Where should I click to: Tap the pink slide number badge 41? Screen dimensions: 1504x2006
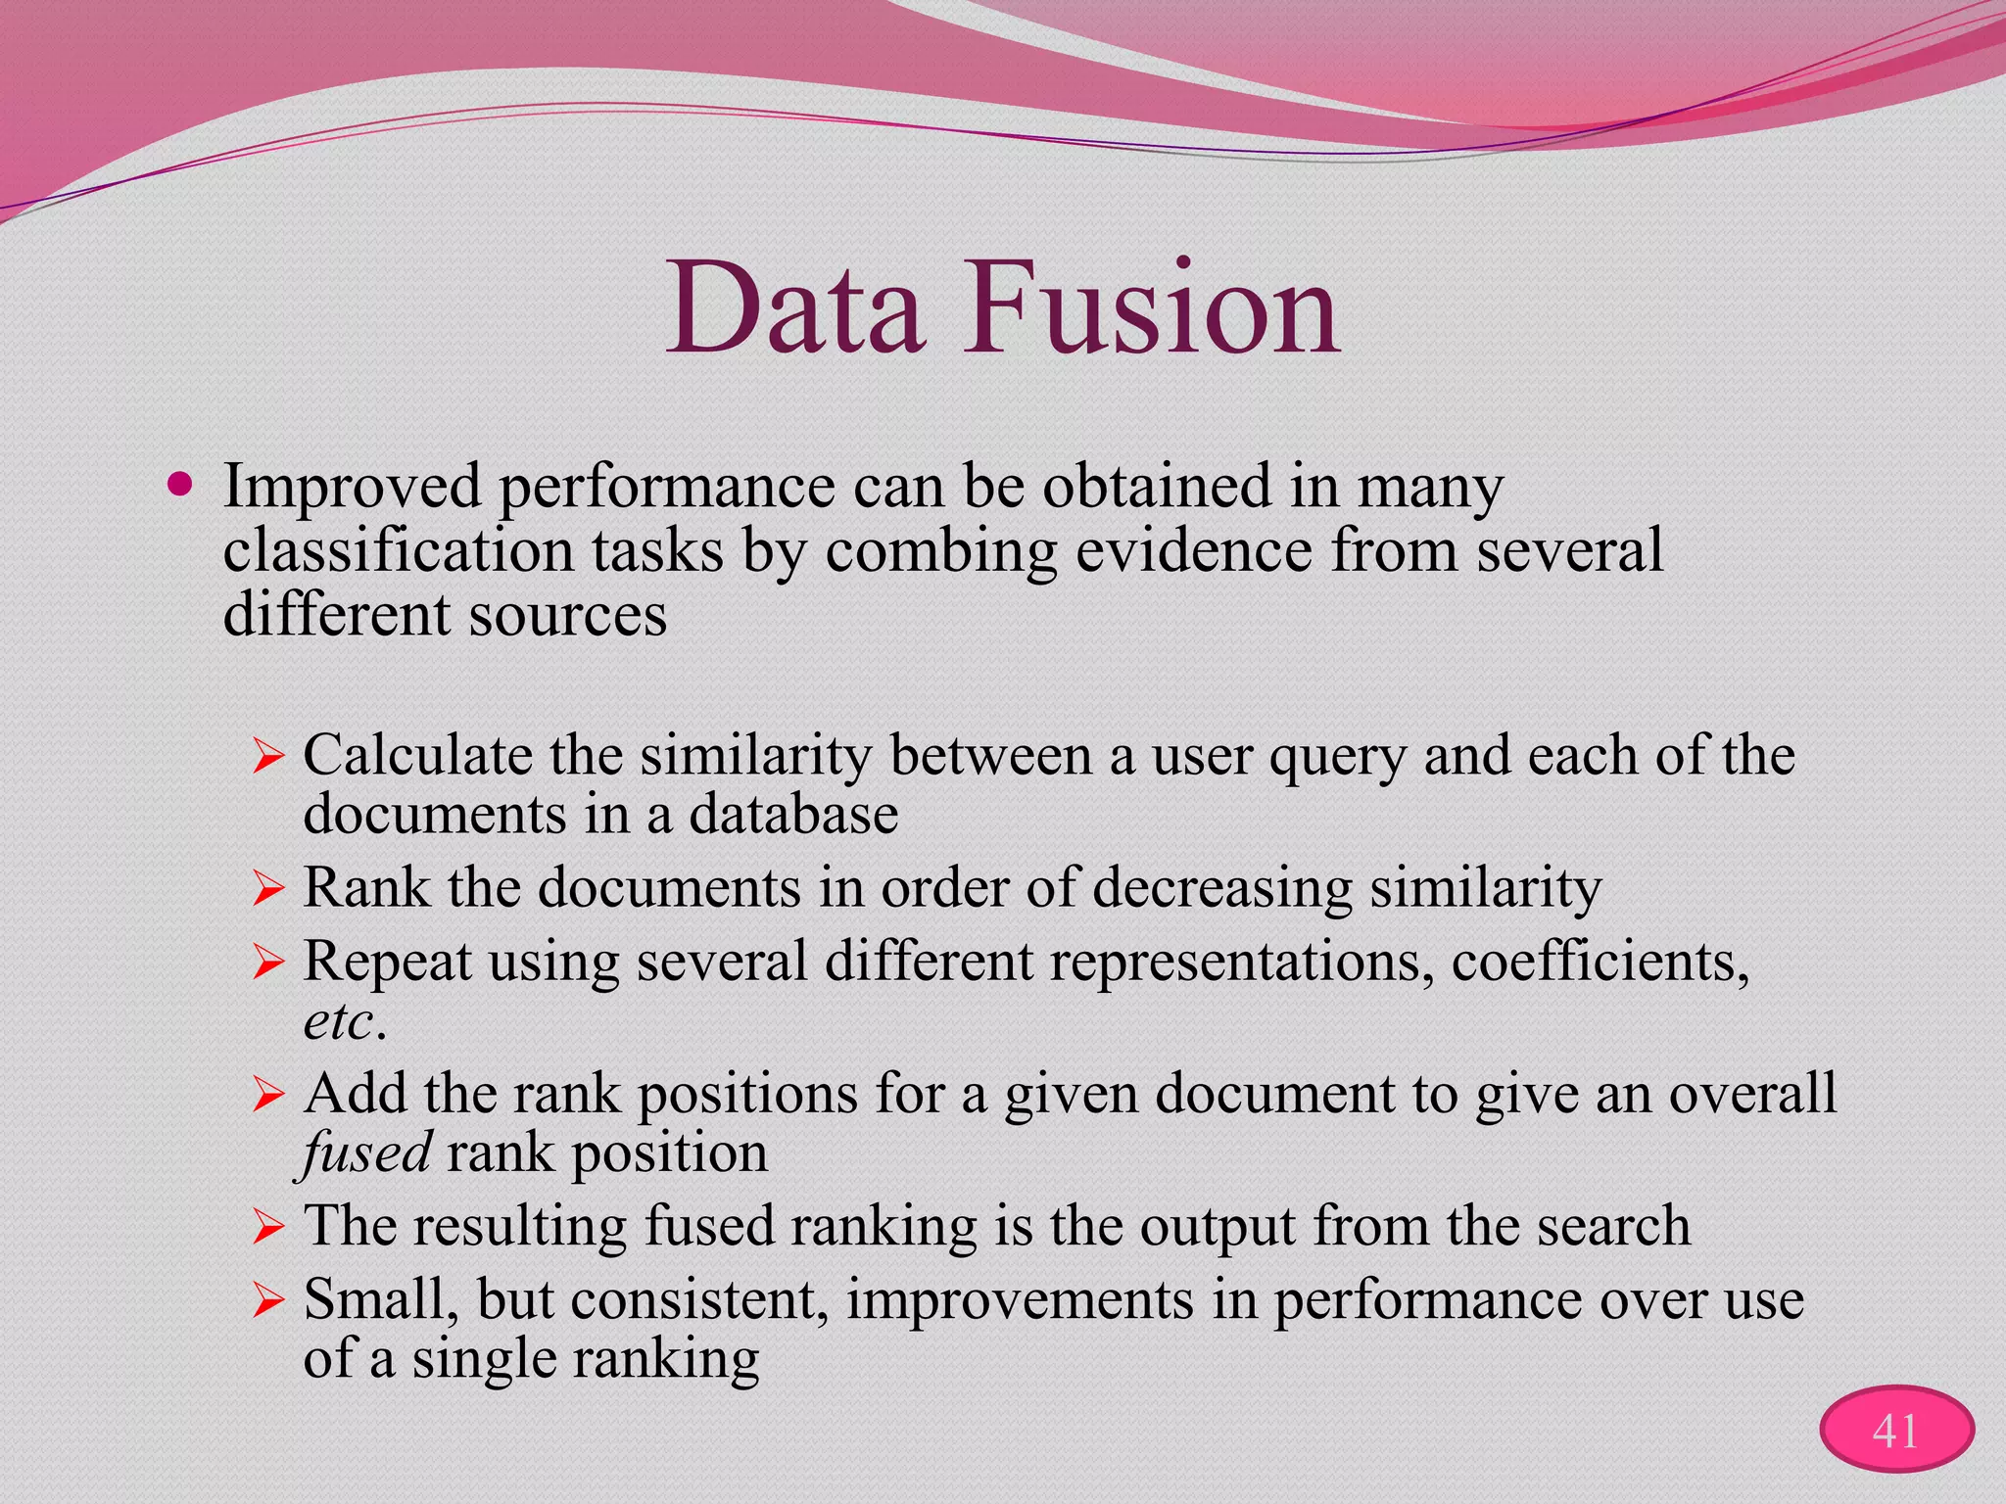coord(1896,1431)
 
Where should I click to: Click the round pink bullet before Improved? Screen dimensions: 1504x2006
coord(180,484)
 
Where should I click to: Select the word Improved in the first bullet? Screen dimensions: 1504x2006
coord(352,486)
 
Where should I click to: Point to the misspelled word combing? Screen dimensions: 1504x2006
coord(940,551)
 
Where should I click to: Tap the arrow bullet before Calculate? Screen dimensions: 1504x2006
coord(267,757)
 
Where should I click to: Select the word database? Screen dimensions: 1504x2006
coord(793,814)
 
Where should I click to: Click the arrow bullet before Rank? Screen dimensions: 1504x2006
coord(267,889)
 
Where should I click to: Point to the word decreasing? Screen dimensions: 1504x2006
coord(1221,889)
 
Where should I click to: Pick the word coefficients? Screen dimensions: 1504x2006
coord(1599,962)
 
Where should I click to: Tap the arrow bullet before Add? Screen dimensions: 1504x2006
coord(267,1095)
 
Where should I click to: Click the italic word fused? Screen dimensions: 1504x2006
coord(365,1151)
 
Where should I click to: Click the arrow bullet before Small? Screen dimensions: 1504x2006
coord(267,1301)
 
